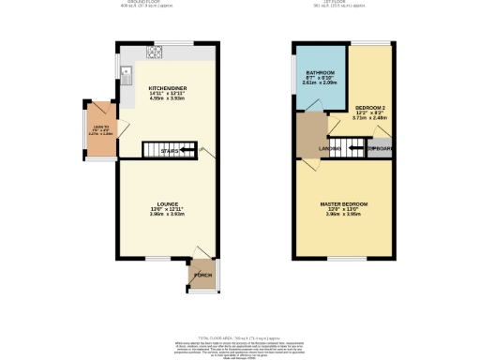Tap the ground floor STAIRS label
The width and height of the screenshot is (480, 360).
[170, 150]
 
